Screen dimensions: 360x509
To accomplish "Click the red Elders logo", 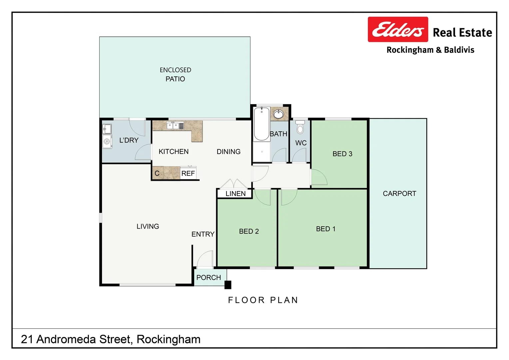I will point(397,30).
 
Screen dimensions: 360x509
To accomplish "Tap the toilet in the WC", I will point(300,127).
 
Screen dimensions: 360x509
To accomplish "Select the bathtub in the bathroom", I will point(261,124).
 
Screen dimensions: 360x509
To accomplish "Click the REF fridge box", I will point(188,173).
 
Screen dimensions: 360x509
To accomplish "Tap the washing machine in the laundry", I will point(107,142).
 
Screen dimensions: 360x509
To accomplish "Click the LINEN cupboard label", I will point(235,194).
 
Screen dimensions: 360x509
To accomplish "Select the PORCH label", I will point(209,278).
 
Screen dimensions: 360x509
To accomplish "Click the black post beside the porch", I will point(228,285).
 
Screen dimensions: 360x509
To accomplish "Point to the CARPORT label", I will point(399,194).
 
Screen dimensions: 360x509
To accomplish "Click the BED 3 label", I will point(342,154).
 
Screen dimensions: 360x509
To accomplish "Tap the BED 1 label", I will point(325,229).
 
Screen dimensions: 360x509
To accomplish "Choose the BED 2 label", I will point(249,231).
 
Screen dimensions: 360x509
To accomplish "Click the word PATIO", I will point(175,79).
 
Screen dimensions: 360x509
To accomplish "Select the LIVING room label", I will point(148,226).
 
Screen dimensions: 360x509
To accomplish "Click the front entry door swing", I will point(204,260).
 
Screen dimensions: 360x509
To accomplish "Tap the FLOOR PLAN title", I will point(263,300).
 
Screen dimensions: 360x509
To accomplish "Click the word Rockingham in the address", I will point(169,339).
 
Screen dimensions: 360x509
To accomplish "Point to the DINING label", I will point(229,152).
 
